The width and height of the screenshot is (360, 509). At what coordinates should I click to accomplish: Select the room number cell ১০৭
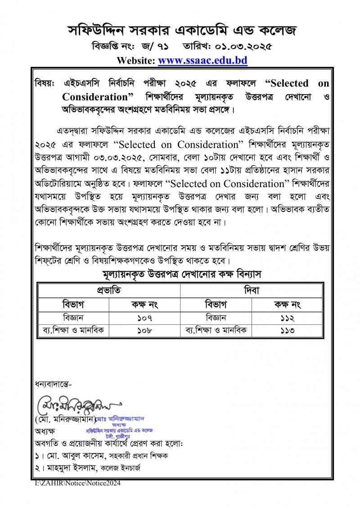tap(145, 318)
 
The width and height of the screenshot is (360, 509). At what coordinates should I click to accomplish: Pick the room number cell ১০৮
tap(145, 331)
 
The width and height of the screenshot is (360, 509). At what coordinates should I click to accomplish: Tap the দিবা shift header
tap(252, 290)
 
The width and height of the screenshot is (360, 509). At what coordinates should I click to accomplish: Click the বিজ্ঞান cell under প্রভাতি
tap(74, 318)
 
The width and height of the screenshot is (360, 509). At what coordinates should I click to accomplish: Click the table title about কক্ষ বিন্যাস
tap(180, 274)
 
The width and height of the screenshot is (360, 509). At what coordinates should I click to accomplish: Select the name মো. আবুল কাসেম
tap(67, 456)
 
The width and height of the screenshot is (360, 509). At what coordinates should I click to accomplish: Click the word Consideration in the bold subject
tap(95, 97)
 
